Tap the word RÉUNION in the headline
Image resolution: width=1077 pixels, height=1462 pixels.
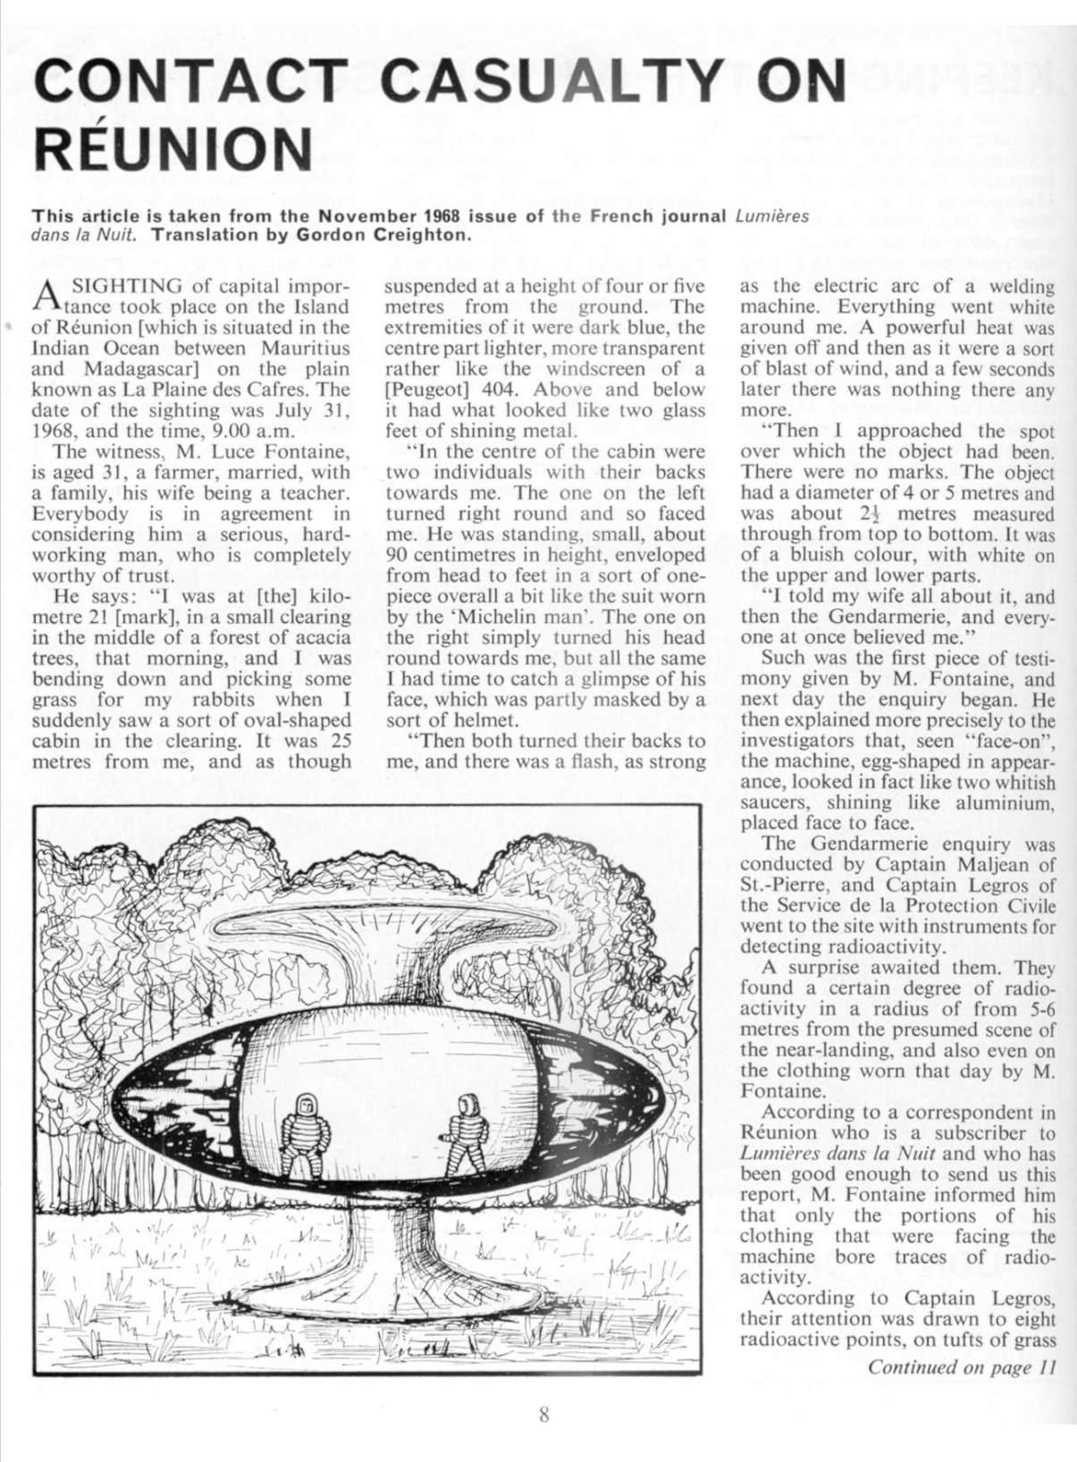click(172, 148)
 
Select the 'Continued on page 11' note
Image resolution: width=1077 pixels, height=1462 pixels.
click(963, 1367)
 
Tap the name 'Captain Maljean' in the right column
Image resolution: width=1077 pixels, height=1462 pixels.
click(965, 864)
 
